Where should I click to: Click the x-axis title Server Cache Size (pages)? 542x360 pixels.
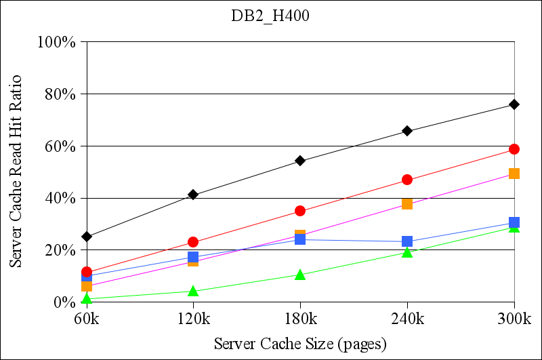pos(300,344)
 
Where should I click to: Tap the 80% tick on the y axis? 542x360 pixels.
pos(60,94)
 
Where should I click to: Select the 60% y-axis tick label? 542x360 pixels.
pos(60,146)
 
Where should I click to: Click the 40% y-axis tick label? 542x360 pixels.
pos(60,199)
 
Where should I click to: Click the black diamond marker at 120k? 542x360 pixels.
pos(193,195)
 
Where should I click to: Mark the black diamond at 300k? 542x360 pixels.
pos(514,104)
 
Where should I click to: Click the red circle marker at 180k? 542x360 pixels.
pos(300,211)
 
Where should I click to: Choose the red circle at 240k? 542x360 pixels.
pos(407,180)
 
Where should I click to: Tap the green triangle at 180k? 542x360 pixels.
pos(300,275)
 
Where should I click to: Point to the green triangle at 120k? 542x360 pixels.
pos(193,292)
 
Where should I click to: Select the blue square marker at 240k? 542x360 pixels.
pos(407,241)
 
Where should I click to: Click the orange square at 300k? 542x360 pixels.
pos(514,174)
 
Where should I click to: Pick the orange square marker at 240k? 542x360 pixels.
pos(407,203)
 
